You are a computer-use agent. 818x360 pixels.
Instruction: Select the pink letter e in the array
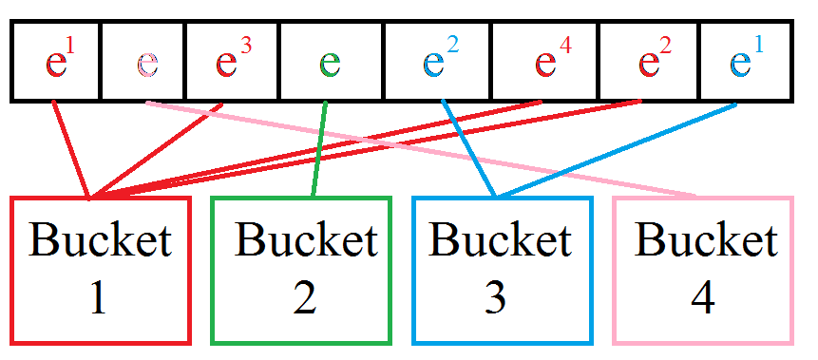click(x=147, y=64)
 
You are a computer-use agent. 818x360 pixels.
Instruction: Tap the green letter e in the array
click(x=330, y=64)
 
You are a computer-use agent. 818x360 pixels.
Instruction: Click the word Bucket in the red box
click(x=101, y=240)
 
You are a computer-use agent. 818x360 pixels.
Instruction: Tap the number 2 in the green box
click(x=305, y=299)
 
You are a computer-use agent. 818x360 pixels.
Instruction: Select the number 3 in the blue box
click(x=496, y=299)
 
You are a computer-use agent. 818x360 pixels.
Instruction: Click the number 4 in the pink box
click(x=702, y=299)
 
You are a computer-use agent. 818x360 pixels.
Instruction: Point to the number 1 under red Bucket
click(x=99, y=299)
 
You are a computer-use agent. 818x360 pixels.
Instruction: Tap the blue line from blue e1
click(x=618, y=152)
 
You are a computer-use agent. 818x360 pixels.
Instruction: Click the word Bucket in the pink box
click(x=706, y=240)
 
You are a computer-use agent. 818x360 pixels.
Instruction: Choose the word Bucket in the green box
click(x=306, y=240)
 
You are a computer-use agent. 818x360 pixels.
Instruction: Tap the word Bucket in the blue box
click(x=500, y=240)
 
